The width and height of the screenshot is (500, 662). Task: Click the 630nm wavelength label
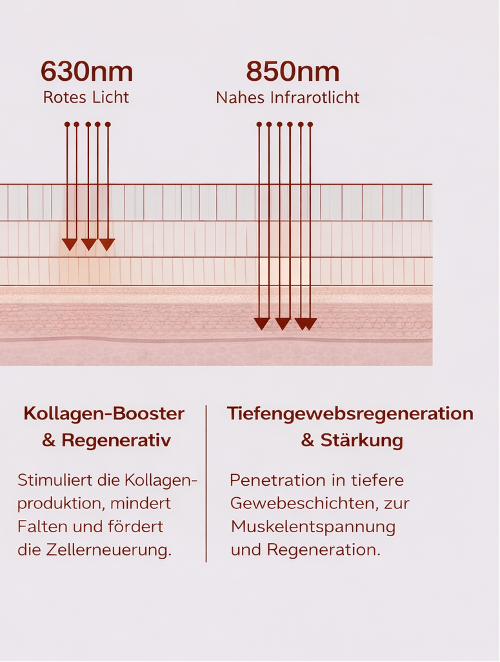click(86, 72)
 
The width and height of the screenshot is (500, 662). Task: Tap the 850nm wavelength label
click(292, 72)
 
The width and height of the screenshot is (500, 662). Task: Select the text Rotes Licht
click(86, 98)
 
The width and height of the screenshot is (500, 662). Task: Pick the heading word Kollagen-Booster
click(104, 413)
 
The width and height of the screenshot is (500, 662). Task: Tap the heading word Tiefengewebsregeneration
click(350, 413)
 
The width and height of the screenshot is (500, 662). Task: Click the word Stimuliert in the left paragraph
click(50, 480)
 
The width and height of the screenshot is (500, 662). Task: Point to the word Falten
click(39, 526)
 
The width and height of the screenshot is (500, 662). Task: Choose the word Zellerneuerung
click(107, 550)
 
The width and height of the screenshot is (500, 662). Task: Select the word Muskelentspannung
click(313, 526)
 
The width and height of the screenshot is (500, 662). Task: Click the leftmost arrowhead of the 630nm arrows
click(69, 244)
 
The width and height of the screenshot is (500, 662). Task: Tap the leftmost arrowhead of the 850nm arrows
click(261, 324)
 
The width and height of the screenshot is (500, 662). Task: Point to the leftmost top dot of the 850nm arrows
click(259, 124)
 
